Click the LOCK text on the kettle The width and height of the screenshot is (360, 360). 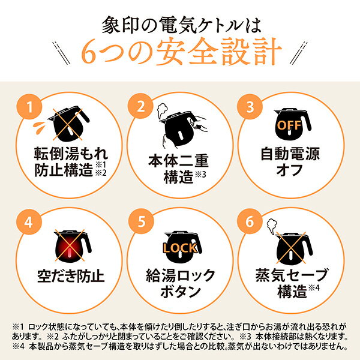(x=179, y=247)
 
